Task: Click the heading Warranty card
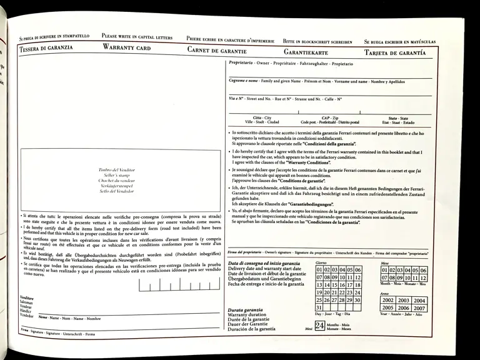(127, 47)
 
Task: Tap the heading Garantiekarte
(306, 52)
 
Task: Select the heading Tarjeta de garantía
(395, 53)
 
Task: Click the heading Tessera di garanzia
(46, 47)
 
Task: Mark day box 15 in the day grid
(335, 285)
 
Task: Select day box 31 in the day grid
(319, 307)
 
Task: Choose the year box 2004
(419, 300)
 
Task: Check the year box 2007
(419, 308)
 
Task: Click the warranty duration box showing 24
(319, 326)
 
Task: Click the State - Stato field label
(397, 118)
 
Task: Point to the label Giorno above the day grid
(321, 262)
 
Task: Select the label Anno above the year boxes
(384, 293)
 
